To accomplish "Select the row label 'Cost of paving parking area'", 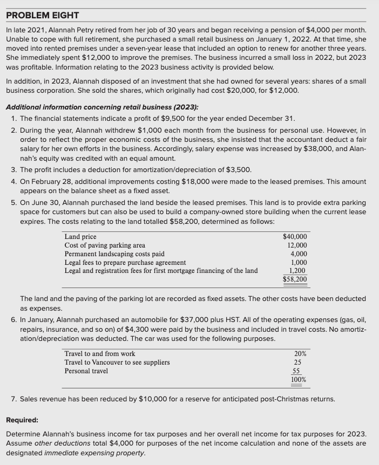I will [105, 245].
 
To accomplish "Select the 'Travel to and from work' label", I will [100, 354].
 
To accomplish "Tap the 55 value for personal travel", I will [296, 371].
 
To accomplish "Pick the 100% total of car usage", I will [299, 380].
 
